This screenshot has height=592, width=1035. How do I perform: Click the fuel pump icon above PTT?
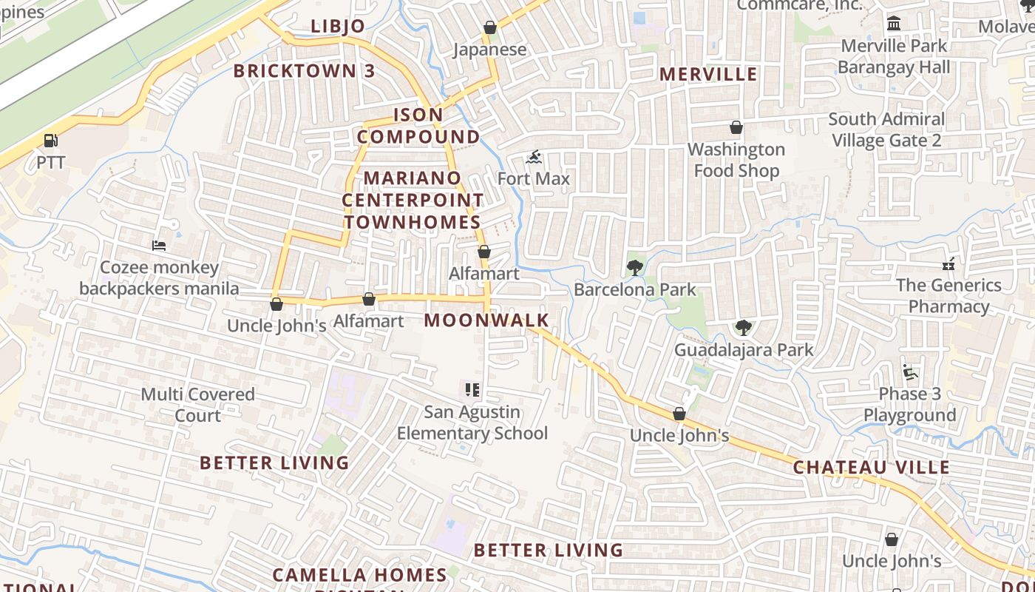[x=50, y=140]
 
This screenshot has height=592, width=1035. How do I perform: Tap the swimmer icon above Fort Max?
[x=534, y=157]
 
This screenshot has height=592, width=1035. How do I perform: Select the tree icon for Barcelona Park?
[x=634, y=268]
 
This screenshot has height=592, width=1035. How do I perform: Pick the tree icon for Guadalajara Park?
[x=743, y=328]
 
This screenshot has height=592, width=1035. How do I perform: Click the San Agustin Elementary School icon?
[x=472, y=390]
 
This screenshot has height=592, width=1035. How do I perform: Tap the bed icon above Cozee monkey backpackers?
[x=159, y=246]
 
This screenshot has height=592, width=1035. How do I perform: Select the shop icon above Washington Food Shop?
[x=736, y=128]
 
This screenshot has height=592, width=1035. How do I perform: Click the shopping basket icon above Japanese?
[x=489, y=28]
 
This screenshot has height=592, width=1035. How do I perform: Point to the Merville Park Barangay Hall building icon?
[x=894, y=24]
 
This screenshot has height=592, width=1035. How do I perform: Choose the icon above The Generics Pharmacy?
[x=949, y=263]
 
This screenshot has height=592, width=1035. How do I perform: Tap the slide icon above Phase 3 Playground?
[x=909, y=372]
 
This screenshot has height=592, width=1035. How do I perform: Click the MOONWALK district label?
[x=486, y=320]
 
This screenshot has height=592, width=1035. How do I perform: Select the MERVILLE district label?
[x=708, y=74]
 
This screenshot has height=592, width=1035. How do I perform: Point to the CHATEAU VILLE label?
[x=871, y=468]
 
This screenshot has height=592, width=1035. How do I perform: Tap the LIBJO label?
[x=338, y=27]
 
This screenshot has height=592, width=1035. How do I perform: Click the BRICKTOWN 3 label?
[x=305, y=71]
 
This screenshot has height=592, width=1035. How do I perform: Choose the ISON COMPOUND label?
[x=418, y=126]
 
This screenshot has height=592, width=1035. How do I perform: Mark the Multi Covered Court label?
[x=197, y=404]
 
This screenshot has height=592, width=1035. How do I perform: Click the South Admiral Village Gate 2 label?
[x=886, y=129]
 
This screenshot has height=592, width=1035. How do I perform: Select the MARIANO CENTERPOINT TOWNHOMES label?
[x=413, y=200]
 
